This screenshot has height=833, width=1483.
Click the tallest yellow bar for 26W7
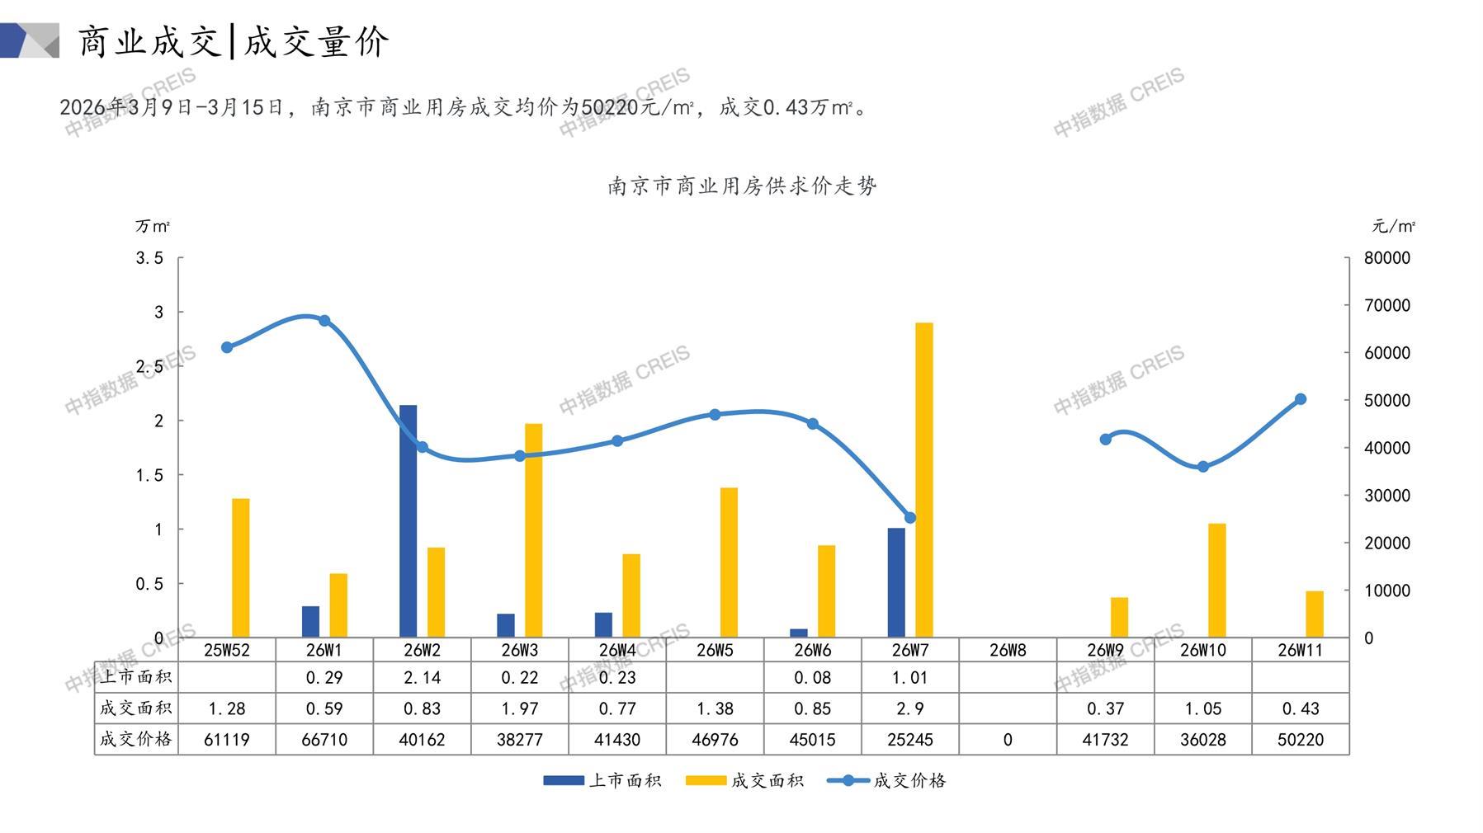[x=924, y=480]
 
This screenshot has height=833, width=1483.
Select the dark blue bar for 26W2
[x=408, y=521]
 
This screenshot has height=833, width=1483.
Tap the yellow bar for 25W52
[x=240, y=567]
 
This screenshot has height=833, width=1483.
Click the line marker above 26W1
[x=324, y=321]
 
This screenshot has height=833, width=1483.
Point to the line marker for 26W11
[x=1301, y=399]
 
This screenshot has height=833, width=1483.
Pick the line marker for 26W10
[x=1203, y=467]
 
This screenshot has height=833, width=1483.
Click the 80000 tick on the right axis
[x=1386, y=258]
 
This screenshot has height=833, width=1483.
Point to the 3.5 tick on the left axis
[x=150, y=258]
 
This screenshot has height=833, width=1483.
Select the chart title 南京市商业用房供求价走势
[x=742, y=186]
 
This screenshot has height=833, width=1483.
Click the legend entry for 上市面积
[x=603, y=780]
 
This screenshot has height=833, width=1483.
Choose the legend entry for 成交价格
[x=887, y=780]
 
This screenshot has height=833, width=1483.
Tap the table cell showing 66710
[x=324, y=740]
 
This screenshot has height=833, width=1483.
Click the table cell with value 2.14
[x=422, y=678]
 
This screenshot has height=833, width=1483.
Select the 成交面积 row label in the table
[x=136, y=708]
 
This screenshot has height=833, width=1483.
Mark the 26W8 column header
[x=1008, y=650]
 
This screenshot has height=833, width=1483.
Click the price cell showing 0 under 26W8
[x=1008, y=740]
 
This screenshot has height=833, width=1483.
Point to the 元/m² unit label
[x=1393, y=226]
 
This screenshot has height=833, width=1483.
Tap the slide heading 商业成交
[x=149, y=41]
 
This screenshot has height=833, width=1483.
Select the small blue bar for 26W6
[x=798, y=633]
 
